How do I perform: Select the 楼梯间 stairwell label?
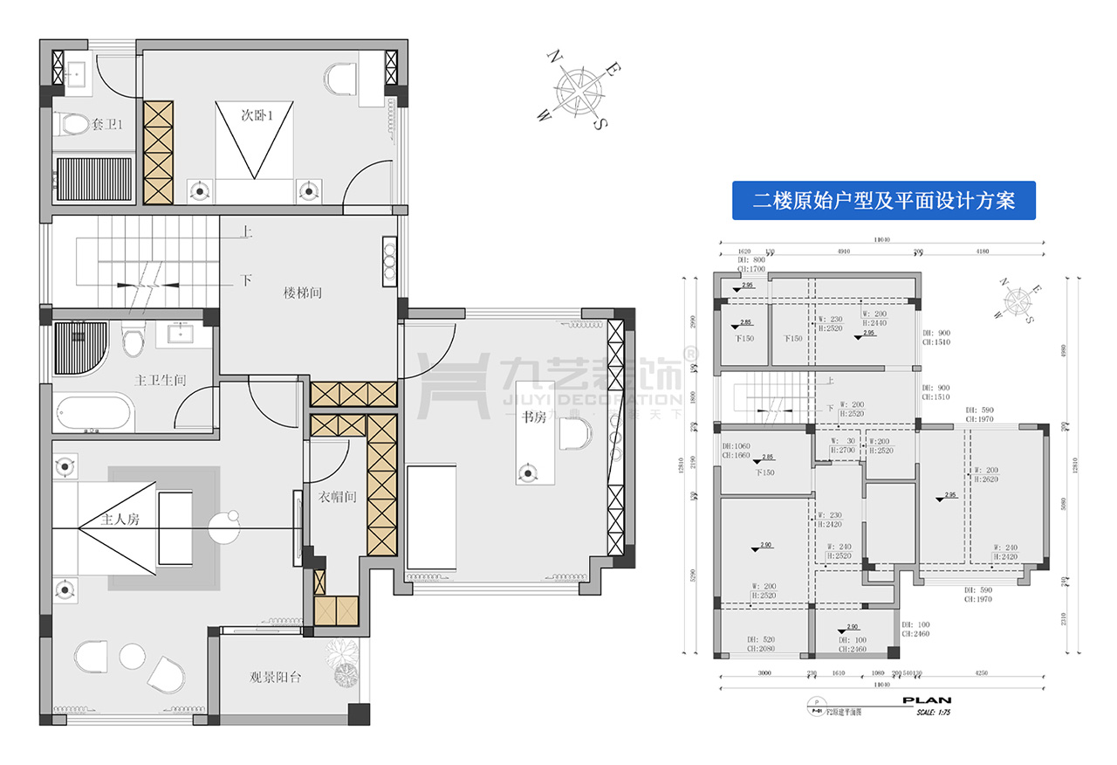(303, 293)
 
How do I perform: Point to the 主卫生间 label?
(161, 381)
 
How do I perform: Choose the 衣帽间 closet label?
(335, 498)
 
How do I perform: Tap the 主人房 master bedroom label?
(113, 520)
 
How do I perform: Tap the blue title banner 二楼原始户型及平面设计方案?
(883, 201)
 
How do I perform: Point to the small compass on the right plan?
(1018, 301)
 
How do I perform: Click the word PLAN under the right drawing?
(926, 700)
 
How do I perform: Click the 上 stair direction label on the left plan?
(247, 233)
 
